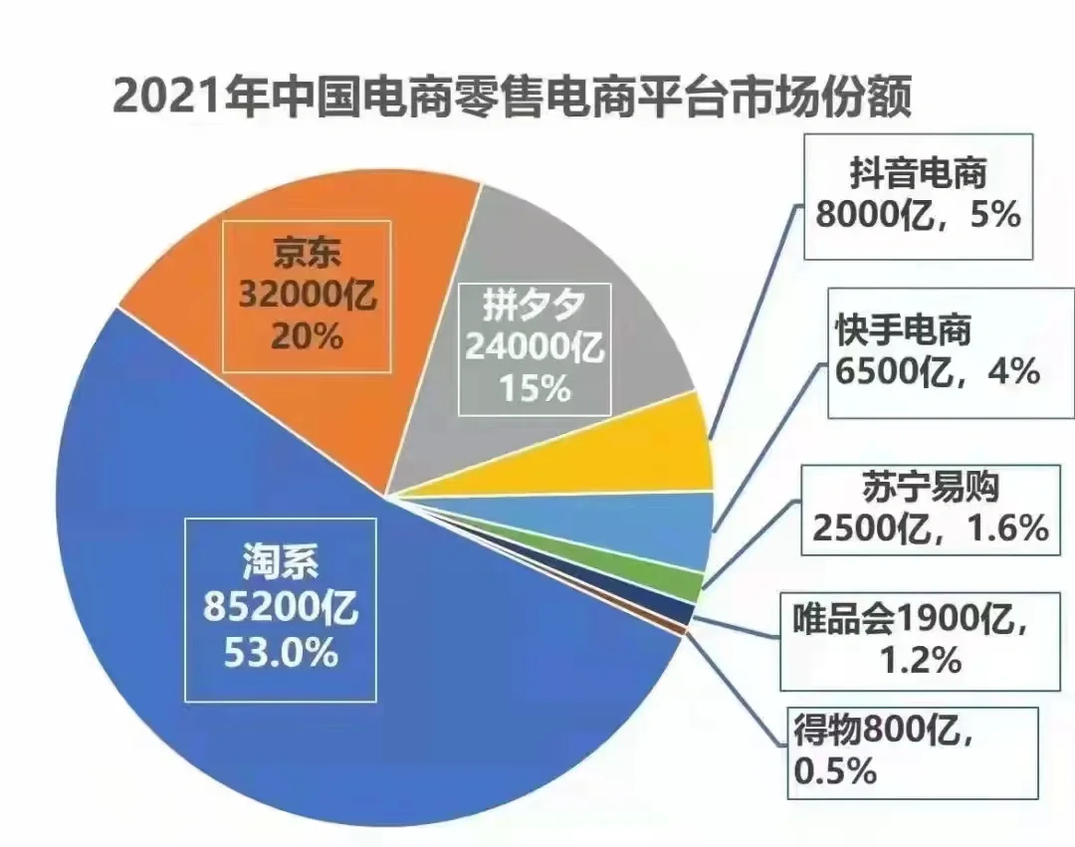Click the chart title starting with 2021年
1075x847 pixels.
pyautogui.click(x=513, y=100)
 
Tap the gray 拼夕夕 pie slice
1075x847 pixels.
pyautogui.click(x=617, y=328)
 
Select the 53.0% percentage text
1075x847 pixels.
pyautogui.click(x=283, y=654)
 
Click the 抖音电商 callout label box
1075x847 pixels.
pyautogui.click(x=918, y=196)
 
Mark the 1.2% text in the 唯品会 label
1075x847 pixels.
pyautogui.click(x=920, y=659)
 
